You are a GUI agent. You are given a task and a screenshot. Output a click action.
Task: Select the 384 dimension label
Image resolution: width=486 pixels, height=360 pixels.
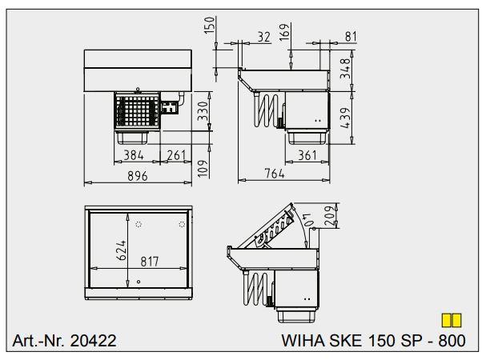(x=134, y=155)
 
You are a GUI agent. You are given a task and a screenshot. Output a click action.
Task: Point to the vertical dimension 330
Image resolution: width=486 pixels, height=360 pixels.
(x=203, y=112)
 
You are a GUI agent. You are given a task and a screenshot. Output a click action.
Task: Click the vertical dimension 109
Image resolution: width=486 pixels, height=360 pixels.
(x=203, y=167)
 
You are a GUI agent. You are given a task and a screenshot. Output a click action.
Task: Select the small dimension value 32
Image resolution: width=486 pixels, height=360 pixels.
(x=263, y=36)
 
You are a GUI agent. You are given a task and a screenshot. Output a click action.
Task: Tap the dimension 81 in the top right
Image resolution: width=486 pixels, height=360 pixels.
(x=350, y=36)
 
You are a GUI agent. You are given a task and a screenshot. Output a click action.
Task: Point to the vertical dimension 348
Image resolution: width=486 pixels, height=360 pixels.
(x=345, y=70)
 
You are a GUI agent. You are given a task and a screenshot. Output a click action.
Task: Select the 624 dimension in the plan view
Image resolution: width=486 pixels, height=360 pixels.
(x=121, y=251)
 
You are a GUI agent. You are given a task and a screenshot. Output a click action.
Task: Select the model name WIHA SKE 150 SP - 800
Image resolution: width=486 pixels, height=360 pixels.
(x=373, y=341)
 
